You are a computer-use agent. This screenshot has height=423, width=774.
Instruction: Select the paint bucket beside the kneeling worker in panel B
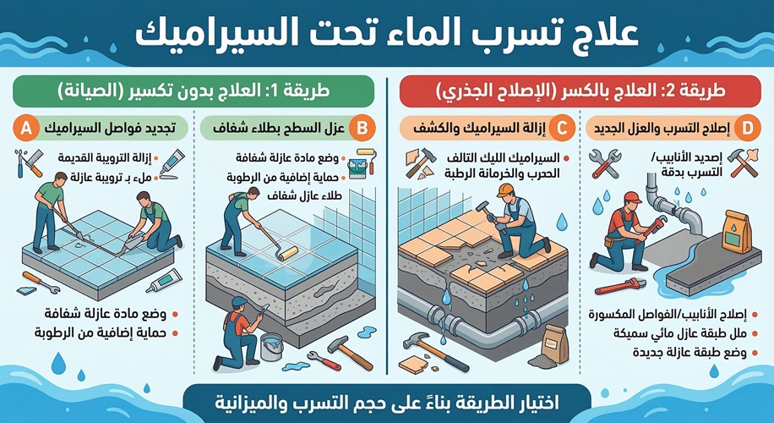point(270,345)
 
